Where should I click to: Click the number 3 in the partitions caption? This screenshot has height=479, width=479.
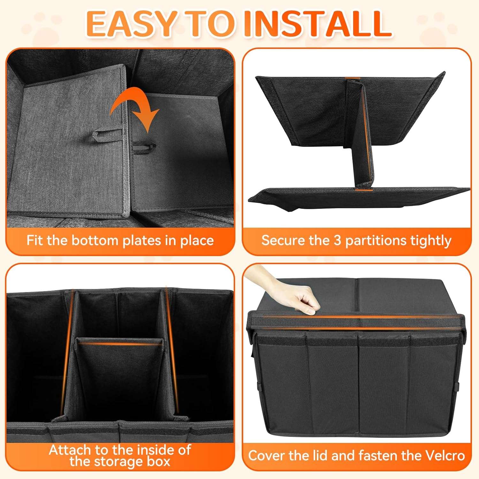click(338, 240)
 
